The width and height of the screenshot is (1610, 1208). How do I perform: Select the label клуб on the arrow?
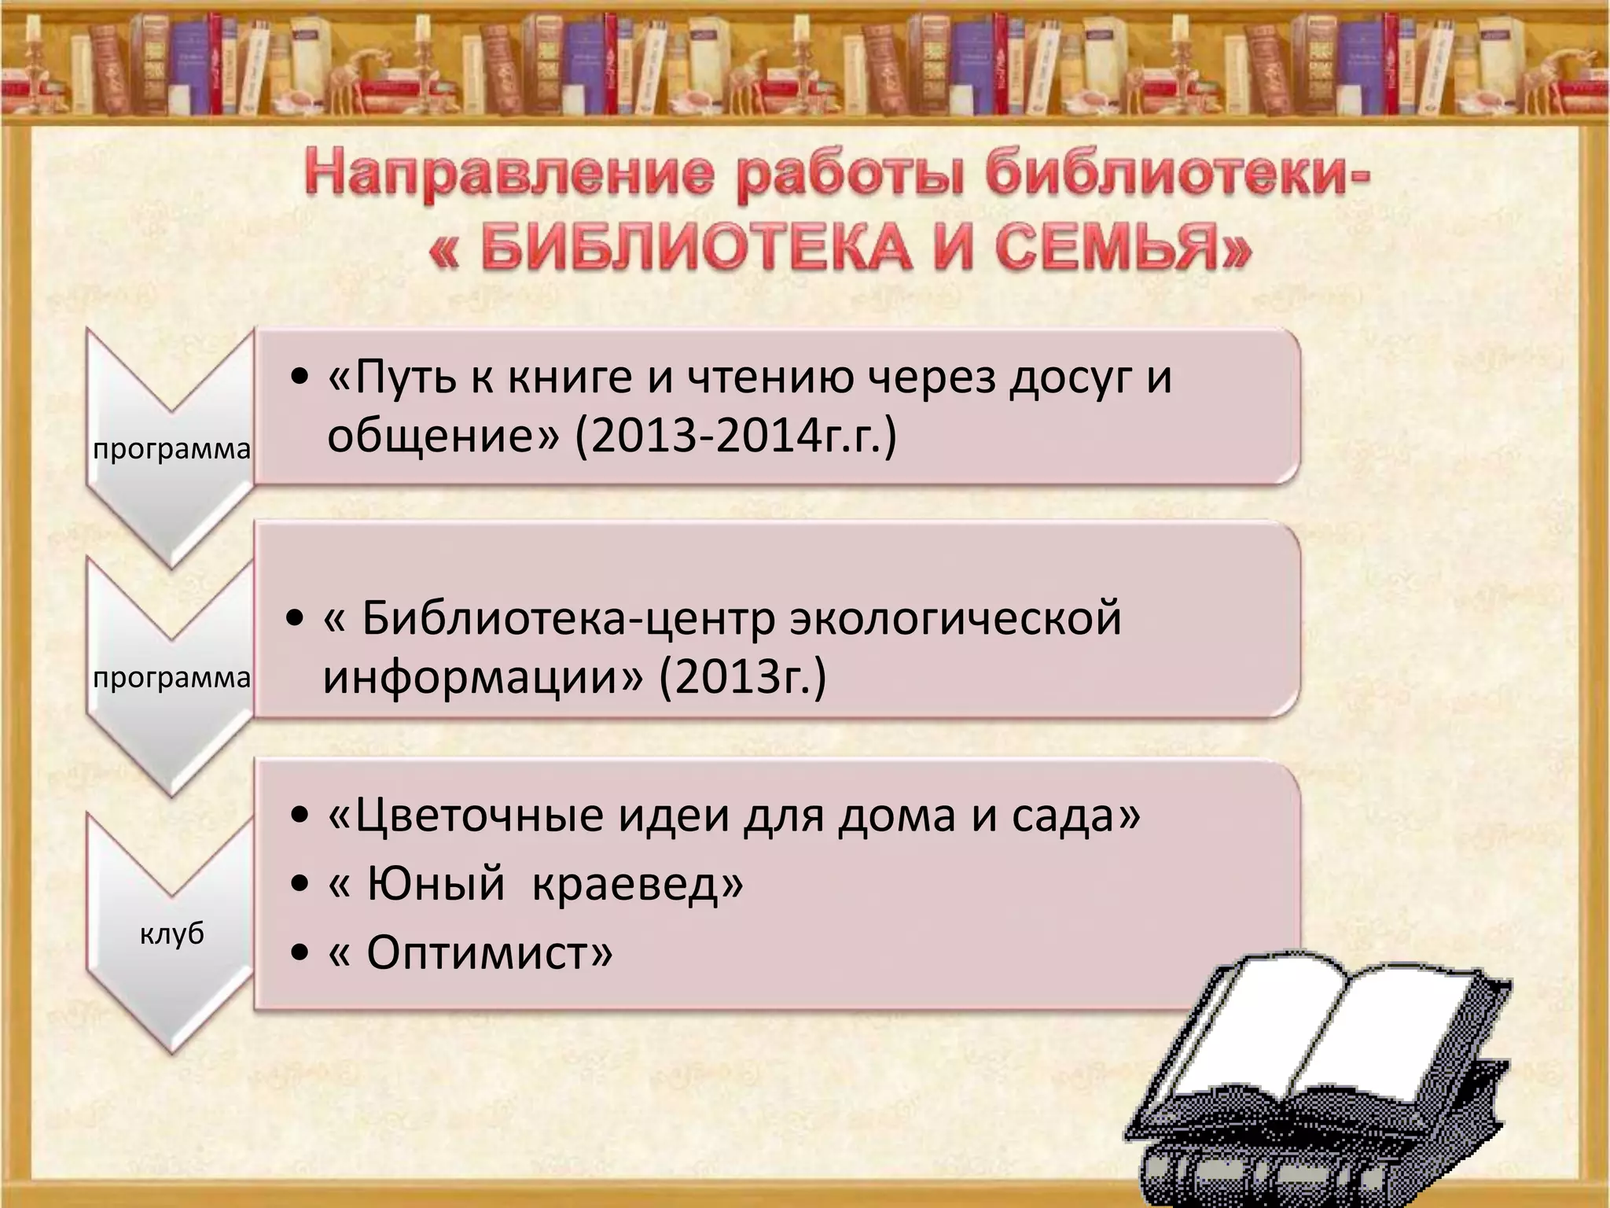(x=171, y=934)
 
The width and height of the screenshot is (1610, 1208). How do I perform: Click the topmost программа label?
(x=171, y=450)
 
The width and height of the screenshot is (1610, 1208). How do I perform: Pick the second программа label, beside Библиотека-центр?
(x=171, y=677)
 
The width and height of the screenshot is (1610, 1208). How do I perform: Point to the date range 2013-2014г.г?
(x=736, y=436)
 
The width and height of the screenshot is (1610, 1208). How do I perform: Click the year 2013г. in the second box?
(x=742, y=677)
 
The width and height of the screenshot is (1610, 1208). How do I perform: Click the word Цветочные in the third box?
(x=469, y=816)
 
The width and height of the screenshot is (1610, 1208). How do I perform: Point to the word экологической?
(x=956, y=618)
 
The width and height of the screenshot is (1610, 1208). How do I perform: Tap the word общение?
(x=442, y=436)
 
